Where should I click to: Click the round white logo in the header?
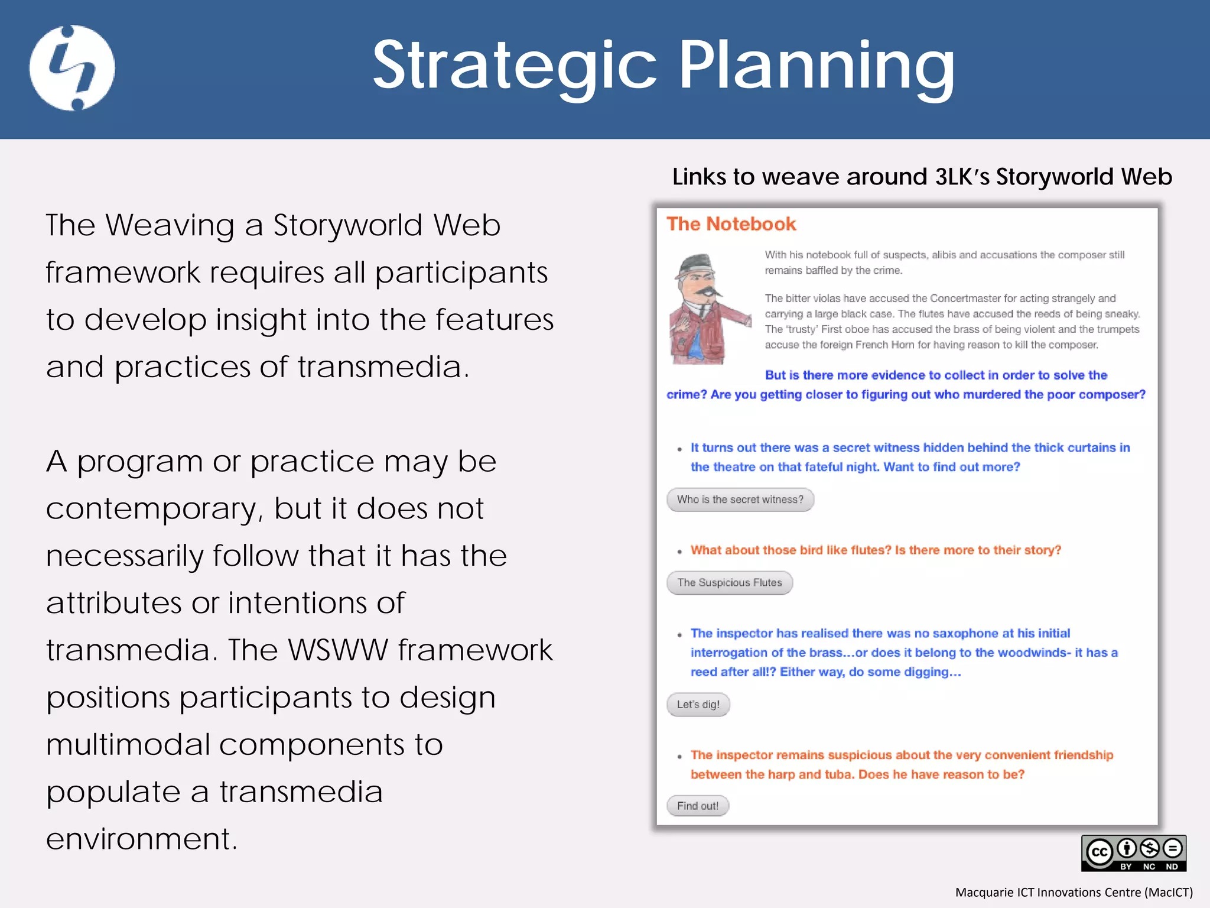point(72,67)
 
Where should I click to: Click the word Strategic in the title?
point(514,65)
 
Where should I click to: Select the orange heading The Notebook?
point(731,224)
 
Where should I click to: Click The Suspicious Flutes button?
point(729,583)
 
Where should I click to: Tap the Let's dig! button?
point(698,705)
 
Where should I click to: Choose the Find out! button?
point(697,806)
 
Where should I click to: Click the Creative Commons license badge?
point(1133,853)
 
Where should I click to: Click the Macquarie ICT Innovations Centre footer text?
point(1074,892)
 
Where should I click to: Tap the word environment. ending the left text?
point(142,839)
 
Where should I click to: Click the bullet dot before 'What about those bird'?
point(679,552)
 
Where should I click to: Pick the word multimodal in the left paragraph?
point(128,745)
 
